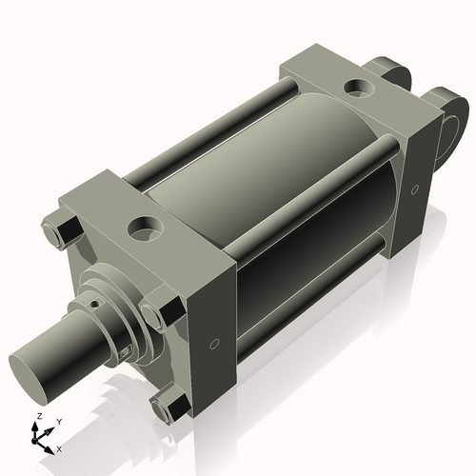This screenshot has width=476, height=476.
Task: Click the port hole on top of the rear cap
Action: pos(360,88)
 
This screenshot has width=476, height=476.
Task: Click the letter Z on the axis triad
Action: pos(37,417)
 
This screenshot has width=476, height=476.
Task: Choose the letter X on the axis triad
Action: pos(60,447)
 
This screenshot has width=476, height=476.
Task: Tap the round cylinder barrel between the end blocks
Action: pos(286,209)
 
